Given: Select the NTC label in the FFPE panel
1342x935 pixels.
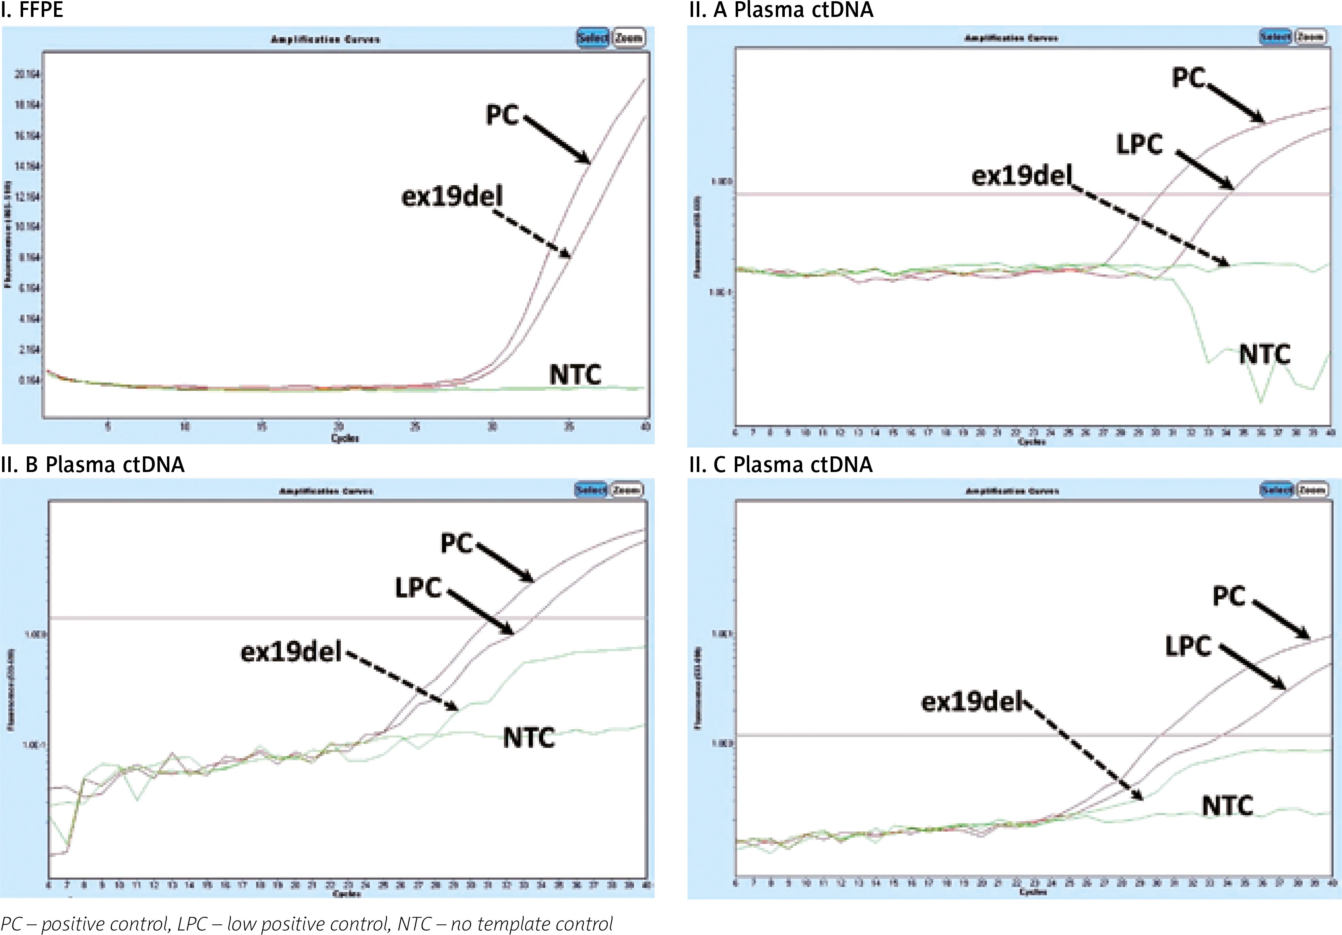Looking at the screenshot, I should pyautogui.click(x=575, y=374).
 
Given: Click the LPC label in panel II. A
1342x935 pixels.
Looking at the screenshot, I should pyautogui.click(x=1139, y=144).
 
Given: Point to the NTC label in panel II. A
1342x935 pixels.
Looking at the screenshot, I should pyautogui.click(x=1264, y=354).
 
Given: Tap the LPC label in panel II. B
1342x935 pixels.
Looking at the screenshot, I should pyautogui.click(x=418, y=588).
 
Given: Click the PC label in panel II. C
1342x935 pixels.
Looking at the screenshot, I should pyautogui.click(x=1229, y=596).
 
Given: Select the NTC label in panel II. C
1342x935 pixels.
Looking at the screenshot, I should pyautogui.click(x=1228, y=806).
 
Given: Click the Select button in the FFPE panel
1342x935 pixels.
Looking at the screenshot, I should pyautogui.click(x=593, y=38).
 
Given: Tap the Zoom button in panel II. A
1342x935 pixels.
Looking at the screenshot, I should pyautogui.click(x=1311, y=37).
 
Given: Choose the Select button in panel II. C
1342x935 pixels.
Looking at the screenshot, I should pyautogui.click(x=1276, y=490).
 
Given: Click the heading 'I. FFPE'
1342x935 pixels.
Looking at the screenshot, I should pyautogui.click(x=32, y=10).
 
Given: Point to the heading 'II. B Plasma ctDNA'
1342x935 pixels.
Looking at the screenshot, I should pyautogui.click(x=93, y=465).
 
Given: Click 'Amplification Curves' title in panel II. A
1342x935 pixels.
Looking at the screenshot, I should pyautogui.click(x=1011, y=38).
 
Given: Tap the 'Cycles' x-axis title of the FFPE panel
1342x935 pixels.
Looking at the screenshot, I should pyautogui.click(x=345, y=438).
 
